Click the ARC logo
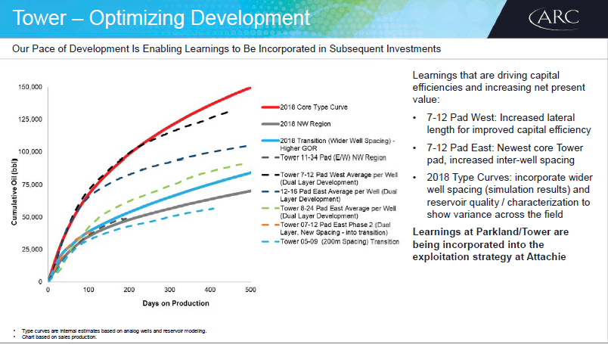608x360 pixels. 554,19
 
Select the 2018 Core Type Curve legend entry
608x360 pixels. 305,107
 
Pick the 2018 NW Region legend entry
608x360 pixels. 296,124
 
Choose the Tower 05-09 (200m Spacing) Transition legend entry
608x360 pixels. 330,242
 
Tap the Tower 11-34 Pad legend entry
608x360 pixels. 324,157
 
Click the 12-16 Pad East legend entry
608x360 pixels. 329,195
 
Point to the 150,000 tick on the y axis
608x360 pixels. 30,87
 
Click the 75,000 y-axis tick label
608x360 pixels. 33,185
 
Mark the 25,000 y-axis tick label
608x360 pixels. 33,249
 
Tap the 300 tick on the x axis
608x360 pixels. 169,290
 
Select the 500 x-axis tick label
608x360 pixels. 250,290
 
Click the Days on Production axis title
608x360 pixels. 175,303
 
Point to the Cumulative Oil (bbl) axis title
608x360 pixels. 14,191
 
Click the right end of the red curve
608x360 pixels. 250,88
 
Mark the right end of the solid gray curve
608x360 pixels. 250,191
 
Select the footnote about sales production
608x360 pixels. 59,337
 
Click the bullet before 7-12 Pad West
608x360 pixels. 415,117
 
